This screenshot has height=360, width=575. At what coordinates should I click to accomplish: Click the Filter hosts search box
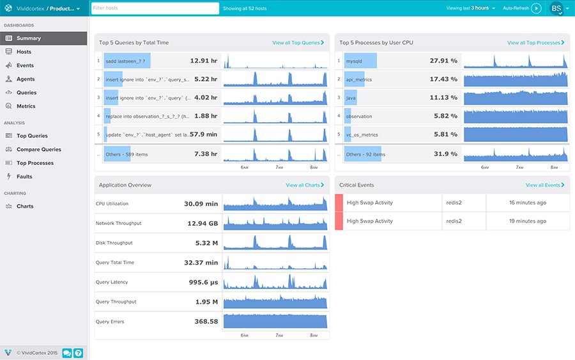[155, 8]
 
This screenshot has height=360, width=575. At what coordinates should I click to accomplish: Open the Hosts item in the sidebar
[24, 52]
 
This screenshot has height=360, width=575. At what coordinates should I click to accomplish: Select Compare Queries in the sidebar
[38, 150]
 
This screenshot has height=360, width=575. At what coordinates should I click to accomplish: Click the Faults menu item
[24, 176]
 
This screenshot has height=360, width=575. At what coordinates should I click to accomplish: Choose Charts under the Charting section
[25, 207]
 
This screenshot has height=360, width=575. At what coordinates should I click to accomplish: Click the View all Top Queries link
[298, 43]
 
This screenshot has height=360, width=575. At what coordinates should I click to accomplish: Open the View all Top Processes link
[535, 43]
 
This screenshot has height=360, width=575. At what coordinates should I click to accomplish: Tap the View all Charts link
[305, 185]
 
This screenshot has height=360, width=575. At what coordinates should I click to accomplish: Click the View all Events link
[545, 185]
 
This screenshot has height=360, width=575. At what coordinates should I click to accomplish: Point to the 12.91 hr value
[204, 61]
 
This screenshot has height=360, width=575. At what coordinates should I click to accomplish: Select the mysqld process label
[354, 61]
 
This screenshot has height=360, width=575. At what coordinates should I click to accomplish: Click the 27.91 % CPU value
[443, 61]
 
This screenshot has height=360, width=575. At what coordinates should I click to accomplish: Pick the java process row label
[351, 98]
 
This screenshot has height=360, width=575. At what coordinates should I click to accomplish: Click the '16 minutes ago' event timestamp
[527, 203]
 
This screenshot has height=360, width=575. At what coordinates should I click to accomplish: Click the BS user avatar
[556, 8]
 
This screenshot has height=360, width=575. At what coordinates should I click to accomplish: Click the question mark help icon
[78, 352]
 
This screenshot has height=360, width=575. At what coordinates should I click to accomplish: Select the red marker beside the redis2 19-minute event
[339, 221]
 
